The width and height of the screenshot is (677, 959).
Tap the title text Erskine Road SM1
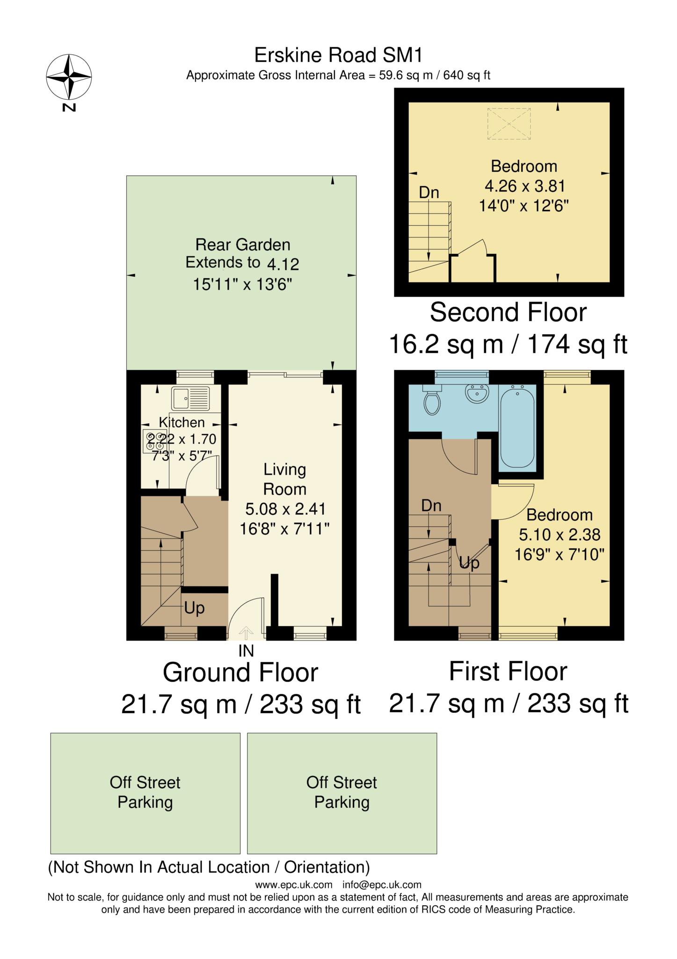tap(338, 55)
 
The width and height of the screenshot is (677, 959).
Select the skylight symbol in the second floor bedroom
tap(509, 124)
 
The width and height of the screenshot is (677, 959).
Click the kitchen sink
tap(190, 398)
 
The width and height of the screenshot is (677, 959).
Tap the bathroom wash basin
tap(477, 393)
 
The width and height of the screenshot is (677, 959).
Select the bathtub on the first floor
tap(517, 426)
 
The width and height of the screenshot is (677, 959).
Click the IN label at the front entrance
tap(246, 650)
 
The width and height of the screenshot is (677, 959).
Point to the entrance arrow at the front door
tap(246, 633)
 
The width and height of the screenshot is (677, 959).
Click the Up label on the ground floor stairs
tap(194, 608)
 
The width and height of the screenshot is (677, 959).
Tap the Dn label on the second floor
tap(429, 192)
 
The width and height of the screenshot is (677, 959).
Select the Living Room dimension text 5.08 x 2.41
tap(285, 509)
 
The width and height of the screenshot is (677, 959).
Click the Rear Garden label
tap(242, 244)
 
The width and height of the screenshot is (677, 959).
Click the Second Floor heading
tap(508, 312)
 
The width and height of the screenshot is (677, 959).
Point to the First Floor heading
tap(508, 671)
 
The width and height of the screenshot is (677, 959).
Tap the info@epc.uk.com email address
tap(382, 885)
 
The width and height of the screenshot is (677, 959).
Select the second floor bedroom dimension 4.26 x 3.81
tap(524, 186)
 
